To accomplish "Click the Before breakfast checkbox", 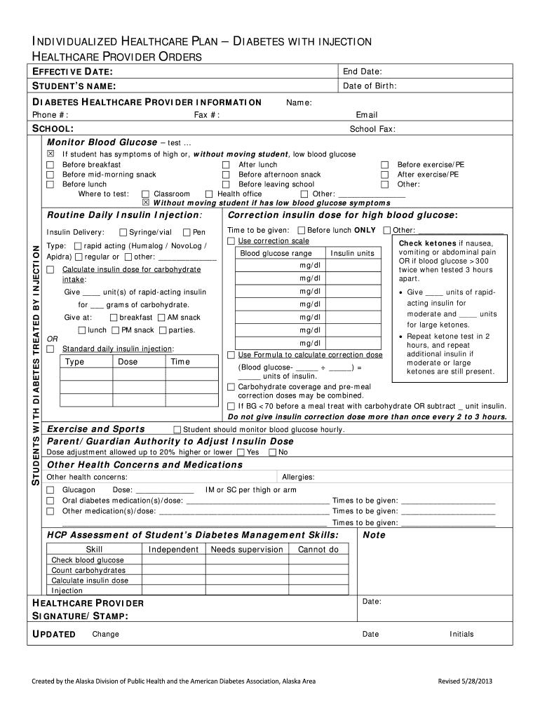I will click(50, 165).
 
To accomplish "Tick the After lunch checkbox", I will click(226, 165).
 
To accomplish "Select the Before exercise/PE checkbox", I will click(384, 165).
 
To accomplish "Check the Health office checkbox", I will click(209, 194).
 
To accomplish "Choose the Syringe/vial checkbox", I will click(123, 232).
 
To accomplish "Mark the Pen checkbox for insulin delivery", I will click(187, 232).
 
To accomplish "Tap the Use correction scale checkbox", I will click(231, 241).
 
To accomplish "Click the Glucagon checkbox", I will click(50, 490).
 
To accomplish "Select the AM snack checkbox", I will click(162, 318).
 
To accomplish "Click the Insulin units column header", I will click(352, 253).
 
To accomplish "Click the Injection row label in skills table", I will click(67, 590).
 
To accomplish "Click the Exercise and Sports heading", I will click(95, 429).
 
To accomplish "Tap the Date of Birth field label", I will click(370, 86).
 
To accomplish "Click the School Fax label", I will click(372, 129).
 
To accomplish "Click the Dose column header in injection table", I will click(128, 362).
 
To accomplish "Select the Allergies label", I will click(298, 477).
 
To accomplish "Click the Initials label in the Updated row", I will click(461, 635).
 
